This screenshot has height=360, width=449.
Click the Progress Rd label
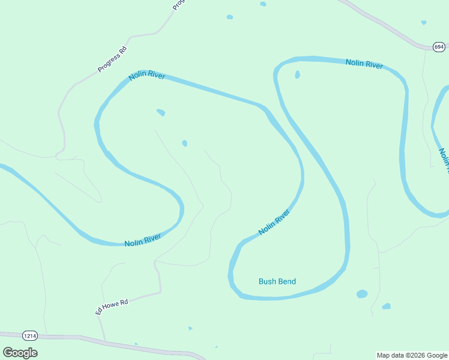tap(113, 59)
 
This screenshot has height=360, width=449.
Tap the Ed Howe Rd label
tap(112, 307)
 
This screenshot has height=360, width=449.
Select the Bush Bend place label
tap(277, 281)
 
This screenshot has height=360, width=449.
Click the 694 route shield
tap(439, 46)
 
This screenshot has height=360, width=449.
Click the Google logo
tap(20, 352)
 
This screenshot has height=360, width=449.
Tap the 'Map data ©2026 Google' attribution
tap(412, 355)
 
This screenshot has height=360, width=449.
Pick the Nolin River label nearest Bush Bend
tap(274, 222)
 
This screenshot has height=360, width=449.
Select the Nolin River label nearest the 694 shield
tap(364, 64)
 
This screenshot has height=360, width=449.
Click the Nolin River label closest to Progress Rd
tap(146, 77)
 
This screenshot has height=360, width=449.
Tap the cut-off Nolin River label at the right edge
tap(443, 158)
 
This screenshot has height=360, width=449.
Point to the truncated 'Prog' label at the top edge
tap(178, 5)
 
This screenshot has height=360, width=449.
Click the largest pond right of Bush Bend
tap(361, 294)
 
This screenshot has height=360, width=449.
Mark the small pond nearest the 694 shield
tap(424, 23)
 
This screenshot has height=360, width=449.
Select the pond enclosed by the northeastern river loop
tap(297, 75)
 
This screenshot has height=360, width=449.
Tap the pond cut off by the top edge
tap(263, 4)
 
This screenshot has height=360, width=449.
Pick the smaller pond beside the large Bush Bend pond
tap(386, 306)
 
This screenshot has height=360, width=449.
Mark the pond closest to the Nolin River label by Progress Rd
tap(161, 112)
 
